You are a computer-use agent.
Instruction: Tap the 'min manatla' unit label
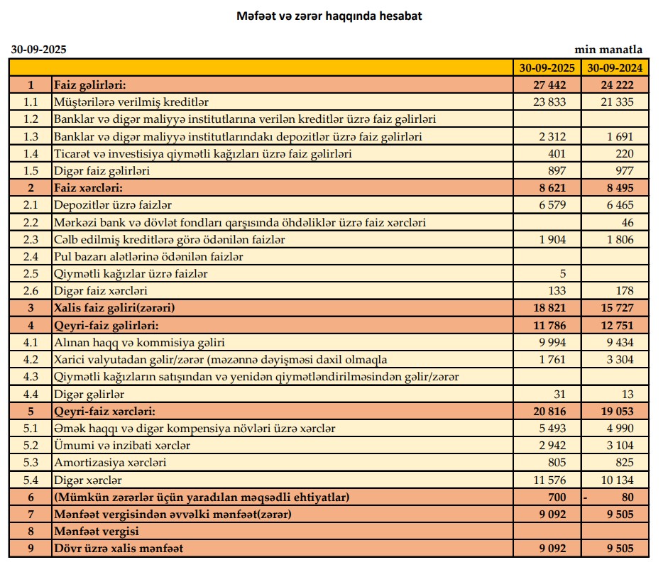(x=608, y=50)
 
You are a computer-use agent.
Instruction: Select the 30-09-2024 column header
(x=615, y=68)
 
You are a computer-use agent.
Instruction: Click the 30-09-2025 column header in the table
(x=547, y=68)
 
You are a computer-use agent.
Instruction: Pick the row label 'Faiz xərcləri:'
(x=88, y=188)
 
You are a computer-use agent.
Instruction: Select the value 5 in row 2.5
(x=562, y=274)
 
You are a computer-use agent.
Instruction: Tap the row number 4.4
(x=31, y=394)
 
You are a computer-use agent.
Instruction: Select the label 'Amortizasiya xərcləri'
(x=110, y=463)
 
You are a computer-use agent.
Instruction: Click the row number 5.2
(x=31, y=446)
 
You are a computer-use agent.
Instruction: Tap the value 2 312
(x=552, y=136)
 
